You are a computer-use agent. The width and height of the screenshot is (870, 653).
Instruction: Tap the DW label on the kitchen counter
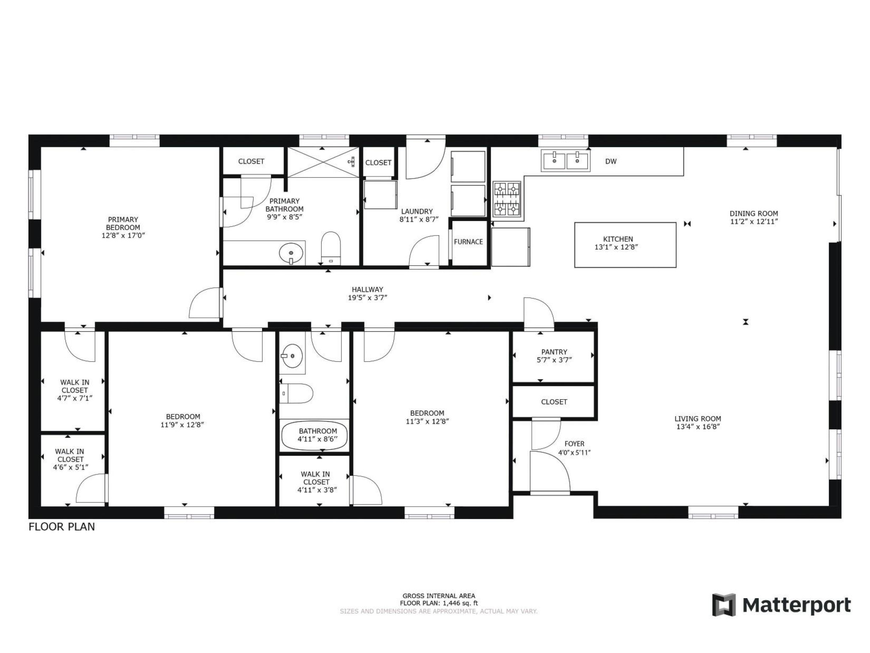coord(610,162)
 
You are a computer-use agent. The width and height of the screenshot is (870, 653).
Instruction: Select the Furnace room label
coord(468,242)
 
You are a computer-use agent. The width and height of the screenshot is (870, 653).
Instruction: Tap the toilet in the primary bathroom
coord(331,248)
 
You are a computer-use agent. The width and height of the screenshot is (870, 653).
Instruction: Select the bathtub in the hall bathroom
coord(314,435)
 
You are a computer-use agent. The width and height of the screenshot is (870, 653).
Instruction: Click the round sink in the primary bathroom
coord(291,253)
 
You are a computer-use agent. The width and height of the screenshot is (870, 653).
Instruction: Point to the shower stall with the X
coord(323,162)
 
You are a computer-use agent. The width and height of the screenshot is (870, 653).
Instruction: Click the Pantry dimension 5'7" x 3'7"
coord(554,360)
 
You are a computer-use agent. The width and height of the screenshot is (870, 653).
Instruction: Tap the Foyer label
coord(574,444)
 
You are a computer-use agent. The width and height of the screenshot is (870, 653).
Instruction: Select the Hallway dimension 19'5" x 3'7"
coord(367,298)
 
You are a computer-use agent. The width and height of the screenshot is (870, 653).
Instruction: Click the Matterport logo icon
coord(724,605)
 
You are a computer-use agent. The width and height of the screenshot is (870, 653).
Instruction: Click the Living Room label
coord(698,419)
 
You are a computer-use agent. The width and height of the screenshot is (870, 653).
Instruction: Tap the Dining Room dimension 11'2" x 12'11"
coord(754,221)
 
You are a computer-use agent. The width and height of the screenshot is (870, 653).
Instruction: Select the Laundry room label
coord(417,211)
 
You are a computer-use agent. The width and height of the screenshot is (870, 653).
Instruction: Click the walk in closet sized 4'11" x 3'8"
coord(315,482)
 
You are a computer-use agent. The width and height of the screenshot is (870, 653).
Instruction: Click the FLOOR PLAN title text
coord(62,527)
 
